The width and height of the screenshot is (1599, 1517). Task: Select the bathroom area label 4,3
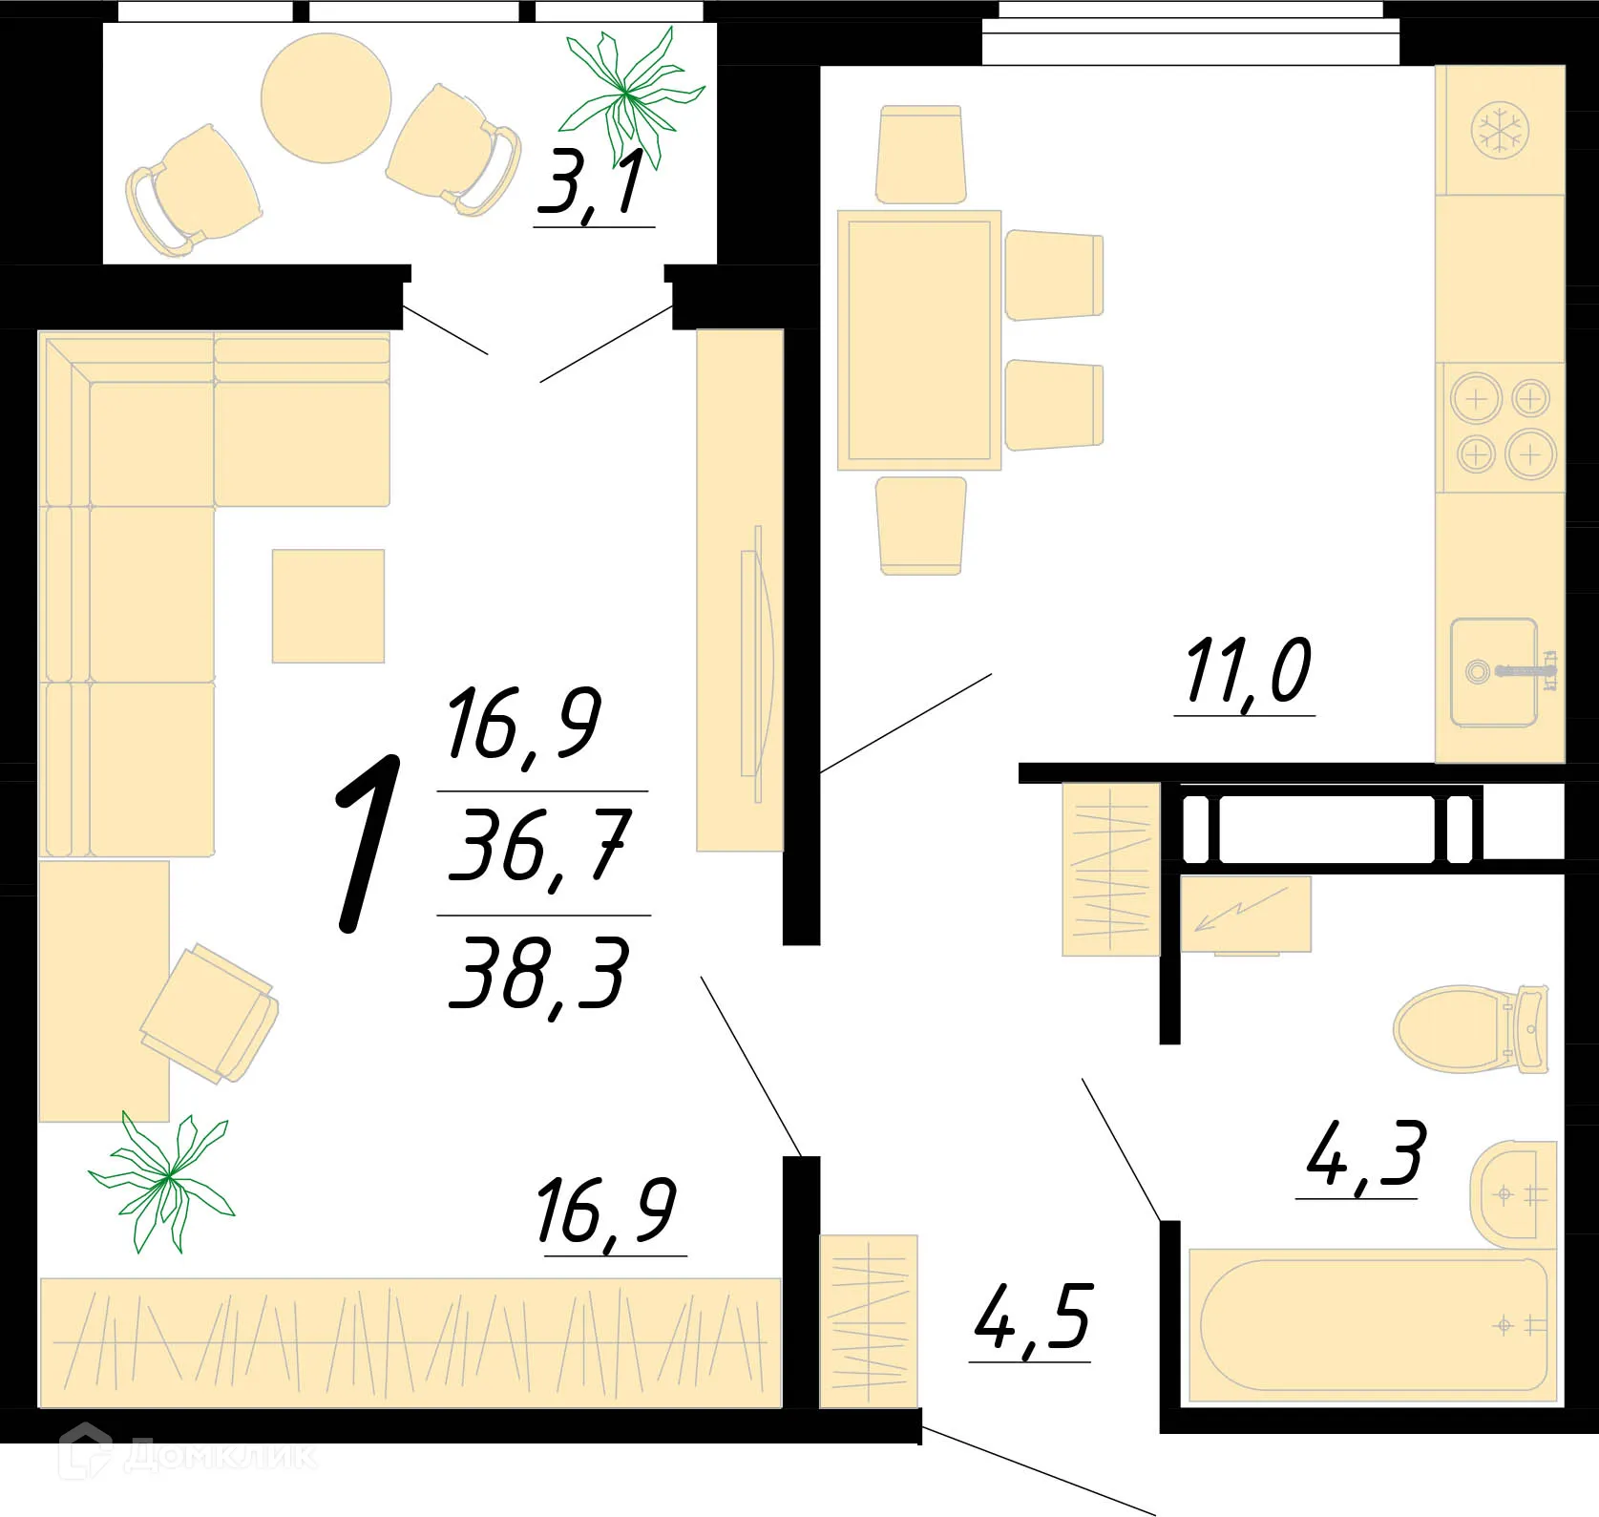click(x=1365, y=1154)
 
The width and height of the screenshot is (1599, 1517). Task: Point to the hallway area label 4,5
click(x=1032, y=1318)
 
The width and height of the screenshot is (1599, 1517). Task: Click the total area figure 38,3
click(x=539, y=975)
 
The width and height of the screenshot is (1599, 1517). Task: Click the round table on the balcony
click(x=326, y=98)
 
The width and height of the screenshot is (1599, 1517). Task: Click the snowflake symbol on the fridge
click(x=1501, y=131)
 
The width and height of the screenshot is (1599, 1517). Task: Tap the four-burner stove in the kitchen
click(x=1502, y=427)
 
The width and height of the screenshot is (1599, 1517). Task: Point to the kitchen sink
click(x=1494, y=671)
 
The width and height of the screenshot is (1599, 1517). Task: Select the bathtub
click(x=1372, y=1324)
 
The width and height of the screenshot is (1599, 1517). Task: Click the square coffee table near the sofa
click(x=328, y=605)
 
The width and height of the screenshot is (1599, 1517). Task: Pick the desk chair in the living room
click(x=210, y=1013)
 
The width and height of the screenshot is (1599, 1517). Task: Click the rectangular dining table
click(x=918, y=341)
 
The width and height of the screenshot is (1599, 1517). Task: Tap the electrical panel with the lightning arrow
click(x=1245, y=915)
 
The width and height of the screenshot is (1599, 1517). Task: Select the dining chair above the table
click(x=920, y=155)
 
